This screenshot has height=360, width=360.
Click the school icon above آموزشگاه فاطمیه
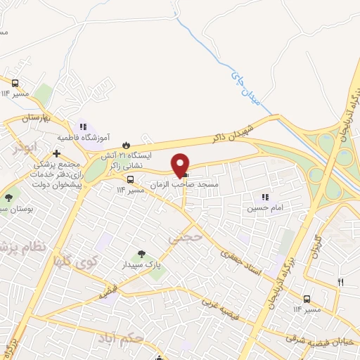(84, 127)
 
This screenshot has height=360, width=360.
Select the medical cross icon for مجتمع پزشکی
(56, 153)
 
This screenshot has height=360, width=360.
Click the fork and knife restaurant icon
(341, 282)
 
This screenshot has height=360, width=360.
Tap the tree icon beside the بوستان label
(9, 198)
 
